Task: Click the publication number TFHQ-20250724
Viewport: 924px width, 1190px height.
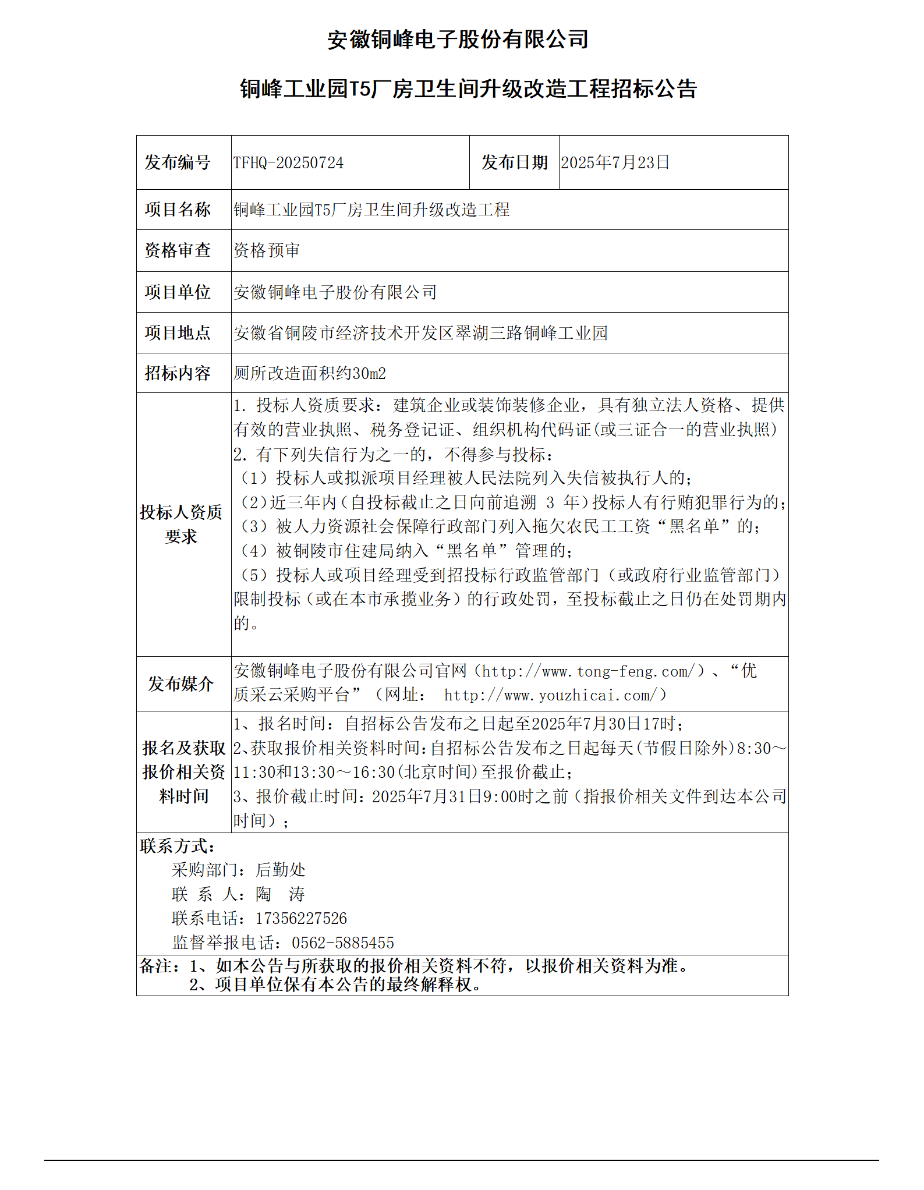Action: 288,162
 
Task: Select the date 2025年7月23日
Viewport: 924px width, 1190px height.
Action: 615,162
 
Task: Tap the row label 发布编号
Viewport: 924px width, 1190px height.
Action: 178,162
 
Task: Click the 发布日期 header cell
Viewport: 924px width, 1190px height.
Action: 514,162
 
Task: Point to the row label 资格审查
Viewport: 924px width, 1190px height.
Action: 178,250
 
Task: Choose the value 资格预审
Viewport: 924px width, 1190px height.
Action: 267,250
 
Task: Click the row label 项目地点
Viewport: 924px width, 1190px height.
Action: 178,333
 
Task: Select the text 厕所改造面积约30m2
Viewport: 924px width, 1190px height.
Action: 309,373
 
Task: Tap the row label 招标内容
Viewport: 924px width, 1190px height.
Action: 178,373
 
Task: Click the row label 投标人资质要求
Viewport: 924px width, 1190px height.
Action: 181,525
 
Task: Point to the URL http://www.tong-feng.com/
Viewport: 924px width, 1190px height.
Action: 589,671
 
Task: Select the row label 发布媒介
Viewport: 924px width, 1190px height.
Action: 181,684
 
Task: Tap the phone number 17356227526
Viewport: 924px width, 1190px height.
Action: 301,919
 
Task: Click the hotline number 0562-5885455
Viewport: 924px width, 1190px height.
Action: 343,943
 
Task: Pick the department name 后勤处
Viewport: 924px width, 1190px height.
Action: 280,870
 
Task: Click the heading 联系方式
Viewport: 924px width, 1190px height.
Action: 177,846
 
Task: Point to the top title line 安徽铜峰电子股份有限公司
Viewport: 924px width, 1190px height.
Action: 458,40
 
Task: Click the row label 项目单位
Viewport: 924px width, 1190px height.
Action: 178,292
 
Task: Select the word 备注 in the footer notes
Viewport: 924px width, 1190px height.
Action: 156,966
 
